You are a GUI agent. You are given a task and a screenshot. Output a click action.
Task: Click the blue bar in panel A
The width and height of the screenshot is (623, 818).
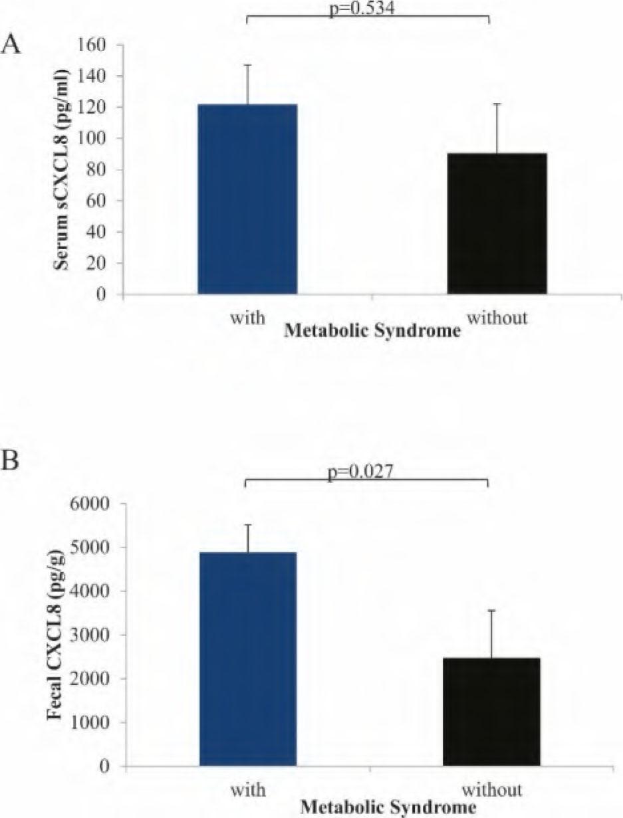[x=247, y=199]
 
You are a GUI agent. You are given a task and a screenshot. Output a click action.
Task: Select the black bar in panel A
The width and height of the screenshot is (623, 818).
[x=497, y=224]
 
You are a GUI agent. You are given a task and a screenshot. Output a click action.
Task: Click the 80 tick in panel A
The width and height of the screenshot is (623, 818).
[x=97, y=170]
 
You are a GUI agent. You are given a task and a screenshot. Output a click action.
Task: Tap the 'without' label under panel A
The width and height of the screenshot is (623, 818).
[x=497, y=318]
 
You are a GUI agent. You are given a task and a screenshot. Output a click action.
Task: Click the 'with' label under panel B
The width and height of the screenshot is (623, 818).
[x=248, y=791]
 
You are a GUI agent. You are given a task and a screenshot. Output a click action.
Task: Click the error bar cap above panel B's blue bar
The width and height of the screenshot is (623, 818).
[x=248, y=525]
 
